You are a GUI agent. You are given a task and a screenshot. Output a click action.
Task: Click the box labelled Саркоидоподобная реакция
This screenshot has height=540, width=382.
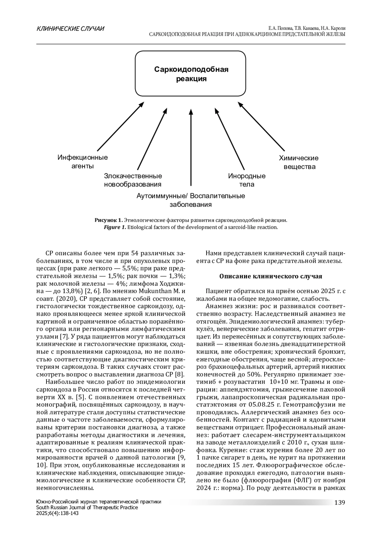pos(191,74)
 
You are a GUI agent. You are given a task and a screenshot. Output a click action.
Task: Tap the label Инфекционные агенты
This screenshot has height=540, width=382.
pos(82,162)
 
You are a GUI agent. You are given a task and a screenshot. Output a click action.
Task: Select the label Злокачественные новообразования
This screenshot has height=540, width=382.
pos(133,180)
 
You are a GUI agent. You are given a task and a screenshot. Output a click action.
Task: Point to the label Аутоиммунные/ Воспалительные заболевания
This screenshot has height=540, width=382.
pos(191,200)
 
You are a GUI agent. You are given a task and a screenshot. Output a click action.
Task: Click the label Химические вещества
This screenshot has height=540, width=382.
pos(299,162)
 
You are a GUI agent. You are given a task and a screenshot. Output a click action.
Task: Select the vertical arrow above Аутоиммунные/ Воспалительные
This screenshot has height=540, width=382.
pos(191,148)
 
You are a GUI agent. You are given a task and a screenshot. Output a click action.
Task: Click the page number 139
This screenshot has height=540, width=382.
pos(340,502)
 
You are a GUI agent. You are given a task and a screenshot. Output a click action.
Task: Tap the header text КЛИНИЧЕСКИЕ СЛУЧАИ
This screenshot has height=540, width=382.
pos(70,29)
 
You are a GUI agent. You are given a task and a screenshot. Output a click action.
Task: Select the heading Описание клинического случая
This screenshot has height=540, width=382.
pos(271,276)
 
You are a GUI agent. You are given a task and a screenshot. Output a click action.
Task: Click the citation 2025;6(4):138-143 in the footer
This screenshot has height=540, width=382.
pos(58,513)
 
